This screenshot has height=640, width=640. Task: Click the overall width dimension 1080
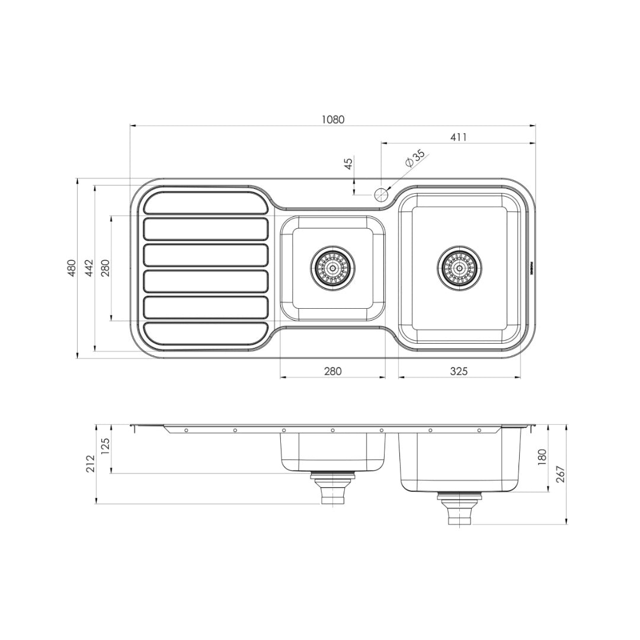coord(332,119)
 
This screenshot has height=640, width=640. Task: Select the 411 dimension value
coord(458,137)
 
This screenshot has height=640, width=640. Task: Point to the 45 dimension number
coord(348,163)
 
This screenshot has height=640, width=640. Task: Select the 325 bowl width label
coord(459,371)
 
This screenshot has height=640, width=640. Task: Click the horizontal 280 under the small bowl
coord(332,371)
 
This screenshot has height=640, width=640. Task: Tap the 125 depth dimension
coord(106,445)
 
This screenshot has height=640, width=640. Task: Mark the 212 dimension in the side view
coord(90,463)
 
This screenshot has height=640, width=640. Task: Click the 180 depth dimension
coord(541,457)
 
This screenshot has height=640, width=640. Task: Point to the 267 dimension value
coord(561,475)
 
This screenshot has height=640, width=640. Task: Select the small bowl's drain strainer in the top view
coord(332,268)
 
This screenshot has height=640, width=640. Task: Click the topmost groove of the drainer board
coord(206,203)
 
